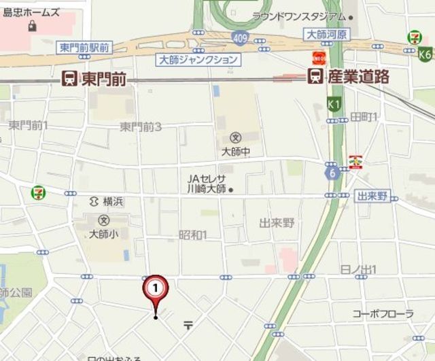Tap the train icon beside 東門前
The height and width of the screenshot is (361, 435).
pos(69,78)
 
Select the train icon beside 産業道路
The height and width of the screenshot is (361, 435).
pos(315,77)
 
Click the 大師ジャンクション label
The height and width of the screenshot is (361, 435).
pos(198,60)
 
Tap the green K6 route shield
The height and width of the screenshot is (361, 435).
pos(425,54)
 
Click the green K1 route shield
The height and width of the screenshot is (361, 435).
pos(333,104)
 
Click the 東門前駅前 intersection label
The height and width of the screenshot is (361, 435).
pos(84,47)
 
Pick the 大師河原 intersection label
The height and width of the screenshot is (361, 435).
pos(327,33)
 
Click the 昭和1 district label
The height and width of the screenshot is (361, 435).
pos(192,235)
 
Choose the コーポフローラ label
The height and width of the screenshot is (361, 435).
pos(383,313)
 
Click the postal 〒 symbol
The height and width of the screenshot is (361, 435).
pos(188,325)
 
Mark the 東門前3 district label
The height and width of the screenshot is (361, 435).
pos(140,126)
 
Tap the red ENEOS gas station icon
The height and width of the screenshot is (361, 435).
pos(317,58)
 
